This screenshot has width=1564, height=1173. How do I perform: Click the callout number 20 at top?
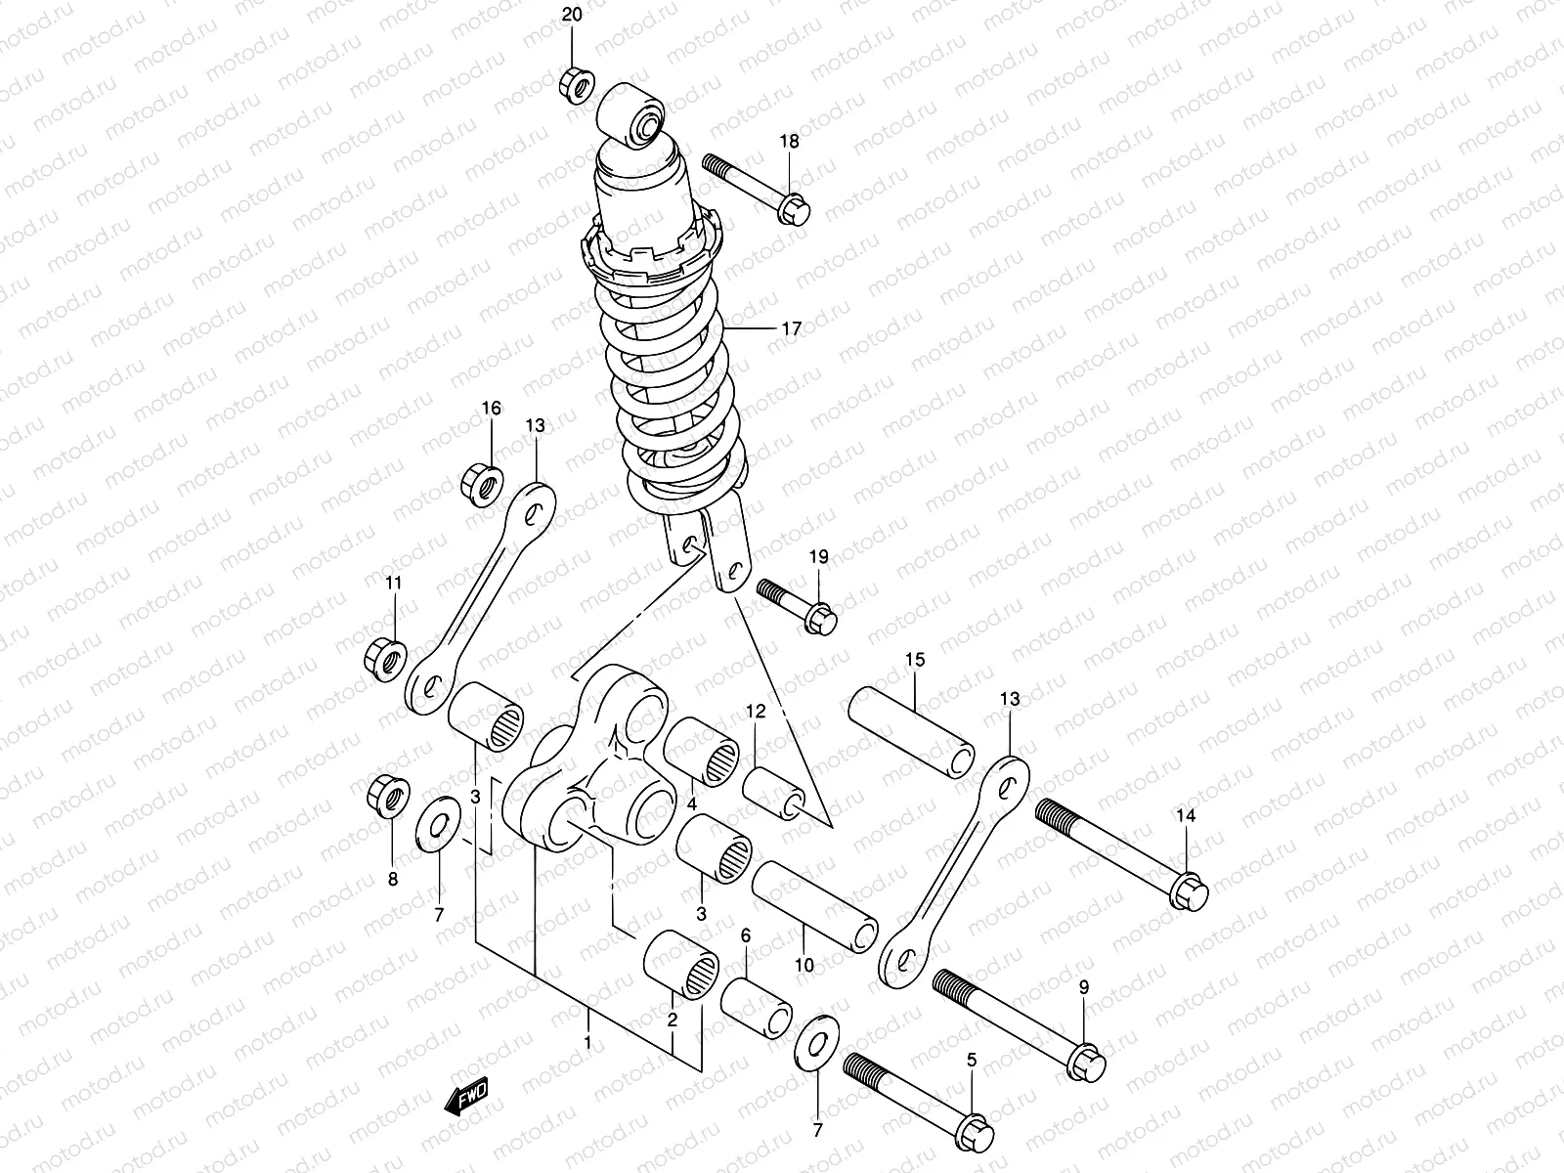click(572, 16)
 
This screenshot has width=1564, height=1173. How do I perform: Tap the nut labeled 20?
click(575, 85)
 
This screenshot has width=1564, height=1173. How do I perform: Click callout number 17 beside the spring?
click(791, 329)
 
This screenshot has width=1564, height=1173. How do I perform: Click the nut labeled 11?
click(385, 656)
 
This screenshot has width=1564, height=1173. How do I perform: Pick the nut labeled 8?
click(385, 798)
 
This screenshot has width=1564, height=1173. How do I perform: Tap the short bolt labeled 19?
click(798, 605)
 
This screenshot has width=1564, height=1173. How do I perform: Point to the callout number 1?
click(587, 1043)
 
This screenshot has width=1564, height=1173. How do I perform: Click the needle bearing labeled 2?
click(680, 964)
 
